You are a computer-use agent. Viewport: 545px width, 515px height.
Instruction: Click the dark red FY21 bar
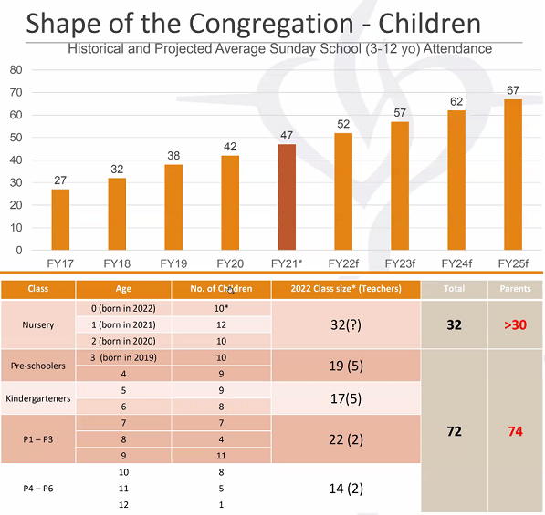pyautogui.click(x=287, y=197)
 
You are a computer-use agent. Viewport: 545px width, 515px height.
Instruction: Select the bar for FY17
pyautogui.click(x=60, y=220)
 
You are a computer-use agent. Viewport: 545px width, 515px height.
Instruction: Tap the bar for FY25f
pyautogui.click(x=513, y=175)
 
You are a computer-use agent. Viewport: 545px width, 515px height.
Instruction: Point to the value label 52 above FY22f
pyautogui.click(x=343, y=124)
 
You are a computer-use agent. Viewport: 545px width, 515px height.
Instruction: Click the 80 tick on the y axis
pyautogui.click(x=16, y=70)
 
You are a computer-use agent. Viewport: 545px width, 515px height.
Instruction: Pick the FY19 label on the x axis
pyautogui.click(x=173, y=263)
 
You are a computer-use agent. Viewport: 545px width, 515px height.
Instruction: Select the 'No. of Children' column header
pyautogui.click(x=221, y=289)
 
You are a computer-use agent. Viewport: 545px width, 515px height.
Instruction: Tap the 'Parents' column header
pyautogui.click(x=515, y=289)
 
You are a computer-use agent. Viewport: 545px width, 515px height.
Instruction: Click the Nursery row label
pyautogui.click(x=38, y=324)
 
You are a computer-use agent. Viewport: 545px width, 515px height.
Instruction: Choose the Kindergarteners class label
pyautogui.click(x=38, y=398)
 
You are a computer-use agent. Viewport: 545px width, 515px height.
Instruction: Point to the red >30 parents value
pyautogui.click(x=515, y=324)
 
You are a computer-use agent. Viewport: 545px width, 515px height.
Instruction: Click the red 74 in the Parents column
pyautogui.click(x=515, y=431)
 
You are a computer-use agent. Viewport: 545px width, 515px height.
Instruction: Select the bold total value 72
pyautogui.click(x=454, y=431)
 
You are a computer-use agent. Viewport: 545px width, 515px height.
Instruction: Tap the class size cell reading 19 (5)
pyautogui.click(x=346, y=366)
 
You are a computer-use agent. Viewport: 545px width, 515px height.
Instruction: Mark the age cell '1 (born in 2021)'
pyautogui.click(x=123, y=324)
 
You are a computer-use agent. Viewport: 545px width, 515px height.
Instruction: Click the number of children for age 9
pyautogui.click(x=222, y=456)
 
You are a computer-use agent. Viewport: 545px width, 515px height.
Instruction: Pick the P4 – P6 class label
pyautogui.click(x=38, y=489)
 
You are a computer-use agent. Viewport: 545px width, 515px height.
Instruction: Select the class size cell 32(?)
pyautogui.click(x=346, y=324)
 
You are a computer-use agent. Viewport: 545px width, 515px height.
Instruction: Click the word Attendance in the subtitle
pyautogui.click(x=457, y=48)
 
